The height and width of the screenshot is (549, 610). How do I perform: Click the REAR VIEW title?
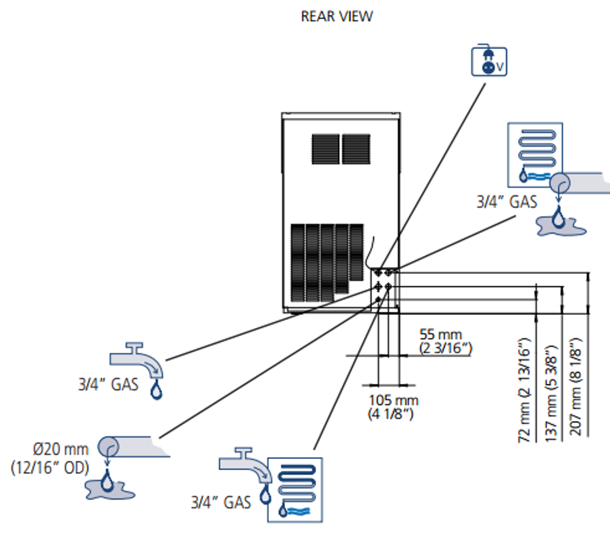coord(337,16)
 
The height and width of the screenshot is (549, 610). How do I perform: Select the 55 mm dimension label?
coord(441,334)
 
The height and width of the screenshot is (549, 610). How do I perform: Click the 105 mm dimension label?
coord(393,400)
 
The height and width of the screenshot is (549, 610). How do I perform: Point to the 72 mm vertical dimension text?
coord(524,390)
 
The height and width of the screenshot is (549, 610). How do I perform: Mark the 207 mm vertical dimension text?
coord(575,386)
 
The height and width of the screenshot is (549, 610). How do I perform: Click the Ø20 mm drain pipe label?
coord(60,449)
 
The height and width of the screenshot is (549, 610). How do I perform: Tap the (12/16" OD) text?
coord(50,468)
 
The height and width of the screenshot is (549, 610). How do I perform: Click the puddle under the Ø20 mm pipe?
coord(109,490)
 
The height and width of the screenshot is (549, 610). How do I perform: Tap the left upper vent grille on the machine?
coord(325,149)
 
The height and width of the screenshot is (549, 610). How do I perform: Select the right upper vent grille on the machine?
coord(356,149)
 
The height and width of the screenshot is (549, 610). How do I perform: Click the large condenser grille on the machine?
coord(327,263)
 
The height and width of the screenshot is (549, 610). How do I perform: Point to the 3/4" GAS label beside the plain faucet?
coord(108,384)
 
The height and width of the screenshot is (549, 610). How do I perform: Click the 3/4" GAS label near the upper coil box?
coord(507,202)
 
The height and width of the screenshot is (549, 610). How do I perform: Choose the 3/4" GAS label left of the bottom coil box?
coord(221,502)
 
